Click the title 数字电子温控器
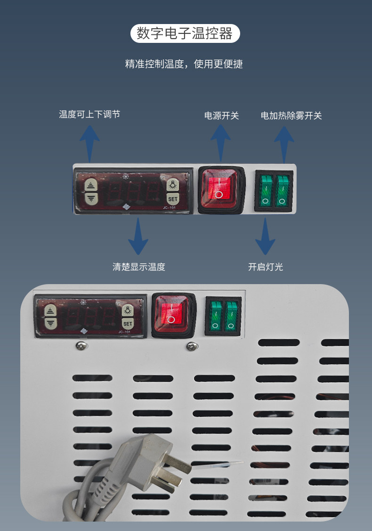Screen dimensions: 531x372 (x=185, y=33)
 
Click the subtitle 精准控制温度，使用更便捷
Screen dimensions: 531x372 (x=184, y=64)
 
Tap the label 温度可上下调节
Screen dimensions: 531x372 (x=89, y=114)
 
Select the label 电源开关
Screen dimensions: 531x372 (x=221, y=115)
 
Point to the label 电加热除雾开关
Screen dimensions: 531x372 (x=291, y=115)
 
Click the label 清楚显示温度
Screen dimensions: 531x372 (x=139, y=267)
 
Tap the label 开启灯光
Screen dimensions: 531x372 (x=266, y=267)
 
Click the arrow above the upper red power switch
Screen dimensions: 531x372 (x=220, y=141)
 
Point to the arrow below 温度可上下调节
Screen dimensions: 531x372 (x=89, y=141)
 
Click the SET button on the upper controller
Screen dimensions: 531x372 (x=173, y=199)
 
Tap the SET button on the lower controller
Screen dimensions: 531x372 (x=128, y=324)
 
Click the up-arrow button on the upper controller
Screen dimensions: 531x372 (x=90, y=185)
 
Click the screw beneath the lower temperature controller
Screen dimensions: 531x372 (x=80, y=347)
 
